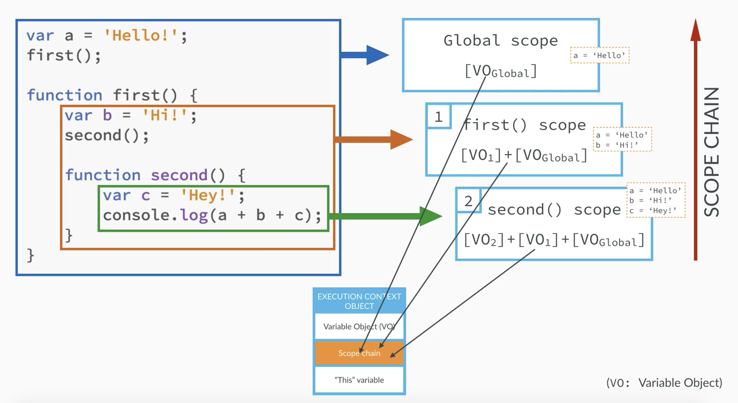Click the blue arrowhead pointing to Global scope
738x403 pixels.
coord(377,55)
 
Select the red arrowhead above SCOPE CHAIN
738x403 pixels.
coord(695,30)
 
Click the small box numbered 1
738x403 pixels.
coord(439,117)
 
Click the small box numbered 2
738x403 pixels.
coord(468,201)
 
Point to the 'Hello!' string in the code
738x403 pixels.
coord(141,36)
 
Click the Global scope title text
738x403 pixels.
coord(501,40)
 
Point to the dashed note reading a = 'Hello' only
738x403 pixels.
coord(600,55)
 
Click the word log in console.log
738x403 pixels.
coord(194,215)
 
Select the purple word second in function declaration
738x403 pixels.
coord(179,175)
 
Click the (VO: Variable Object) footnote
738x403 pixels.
coord(664,382)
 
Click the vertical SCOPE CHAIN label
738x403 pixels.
coord(712,152)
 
